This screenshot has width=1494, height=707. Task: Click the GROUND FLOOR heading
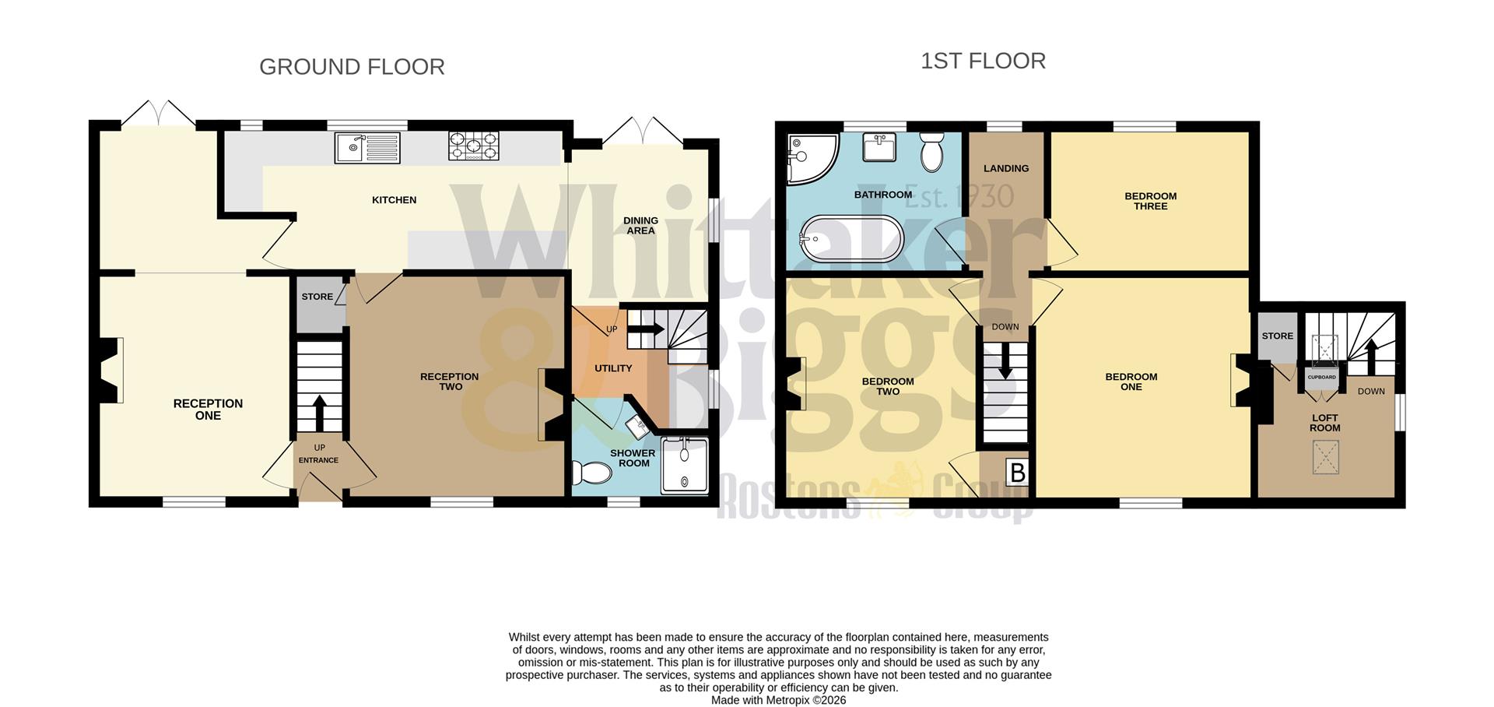click(352, 67)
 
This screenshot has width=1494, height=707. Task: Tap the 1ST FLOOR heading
click(983, 61)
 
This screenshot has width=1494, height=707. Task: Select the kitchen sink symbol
click(367, 147)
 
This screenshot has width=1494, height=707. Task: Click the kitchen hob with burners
click(473, 146)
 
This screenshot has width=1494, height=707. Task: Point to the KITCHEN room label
click(394, 200)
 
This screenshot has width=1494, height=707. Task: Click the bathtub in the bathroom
click(851, 239)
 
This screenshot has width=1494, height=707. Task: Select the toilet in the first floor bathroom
click(931, 152)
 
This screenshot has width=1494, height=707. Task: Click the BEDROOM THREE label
click(1150, 201)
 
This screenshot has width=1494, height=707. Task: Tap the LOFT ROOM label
click(1324, 423)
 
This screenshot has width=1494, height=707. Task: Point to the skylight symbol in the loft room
click(1325, 457)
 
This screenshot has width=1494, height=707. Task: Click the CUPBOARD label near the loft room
click(1321, 378)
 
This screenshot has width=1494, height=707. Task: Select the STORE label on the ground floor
click(317, 297)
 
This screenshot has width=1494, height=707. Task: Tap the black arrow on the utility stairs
click(645, 329)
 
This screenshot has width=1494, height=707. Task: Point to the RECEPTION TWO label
click(450, 382)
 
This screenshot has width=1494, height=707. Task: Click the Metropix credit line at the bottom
click(778, 700)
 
